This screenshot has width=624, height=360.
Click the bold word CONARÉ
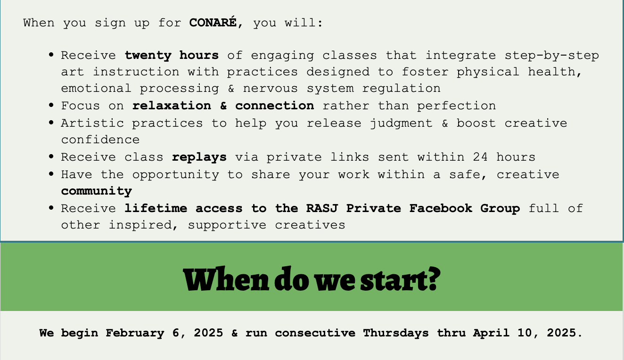click(213, 22)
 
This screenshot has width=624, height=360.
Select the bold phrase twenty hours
click(172, 56)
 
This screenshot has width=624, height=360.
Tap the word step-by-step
click(552, 56)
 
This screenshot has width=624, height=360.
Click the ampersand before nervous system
click(231, 88)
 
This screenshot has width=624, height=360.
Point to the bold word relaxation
click(172, 106)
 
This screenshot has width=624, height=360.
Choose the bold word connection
click(275, 106)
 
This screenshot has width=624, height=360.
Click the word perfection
click(456, 106)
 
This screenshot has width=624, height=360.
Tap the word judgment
click(401, 123)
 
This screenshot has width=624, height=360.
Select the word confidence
click(100, 140)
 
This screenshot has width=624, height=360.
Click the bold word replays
click(199, 157)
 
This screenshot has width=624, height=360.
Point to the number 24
click(480, 157)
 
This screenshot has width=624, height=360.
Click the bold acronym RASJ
click(322, 208)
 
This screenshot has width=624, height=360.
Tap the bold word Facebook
click(441, 208)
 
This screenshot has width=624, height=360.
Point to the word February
click(135, 333)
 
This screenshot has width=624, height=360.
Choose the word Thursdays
click(396, 333)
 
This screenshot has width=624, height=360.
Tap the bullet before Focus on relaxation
click(51, 105)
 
